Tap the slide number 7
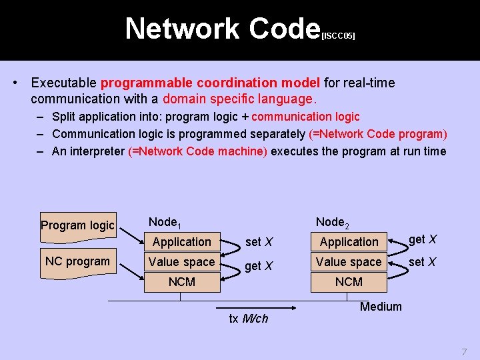click(464, 351)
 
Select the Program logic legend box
click(77, 225)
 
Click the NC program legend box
click(77, 261)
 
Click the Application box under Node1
click(181, 242)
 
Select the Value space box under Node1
click(181, 262)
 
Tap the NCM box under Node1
click(181, 282)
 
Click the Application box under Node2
click(349, 242)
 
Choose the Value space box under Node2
click(349, 262)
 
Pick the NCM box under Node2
click(349, 282)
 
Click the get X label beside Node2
click(423, 239)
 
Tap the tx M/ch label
click(248, 319)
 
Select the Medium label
click(381, 307)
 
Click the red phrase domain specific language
click(237, 99)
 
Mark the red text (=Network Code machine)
click(197, 151)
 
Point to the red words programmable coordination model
click(210, 83)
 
